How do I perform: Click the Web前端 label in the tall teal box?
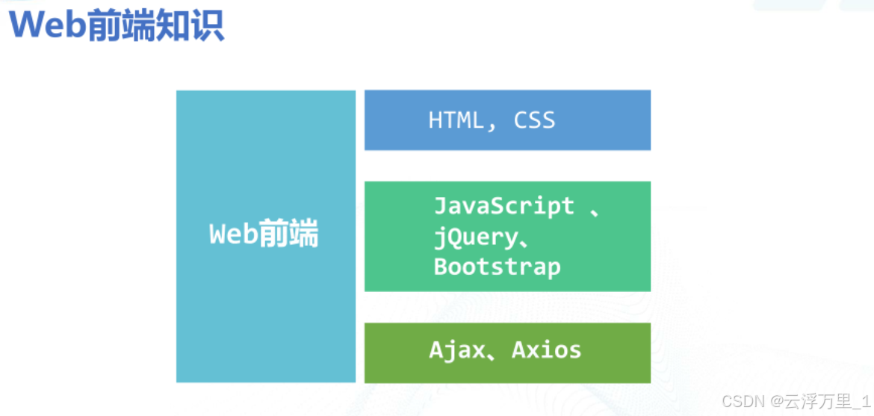[264, 235]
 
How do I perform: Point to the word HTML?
[456, 120]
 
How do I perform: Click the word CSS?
[534, 120]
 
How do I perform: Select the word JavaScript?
[504, 205]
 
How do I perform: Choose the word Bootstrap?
[497, 267]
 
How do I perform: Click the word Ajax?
[457, 350]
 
